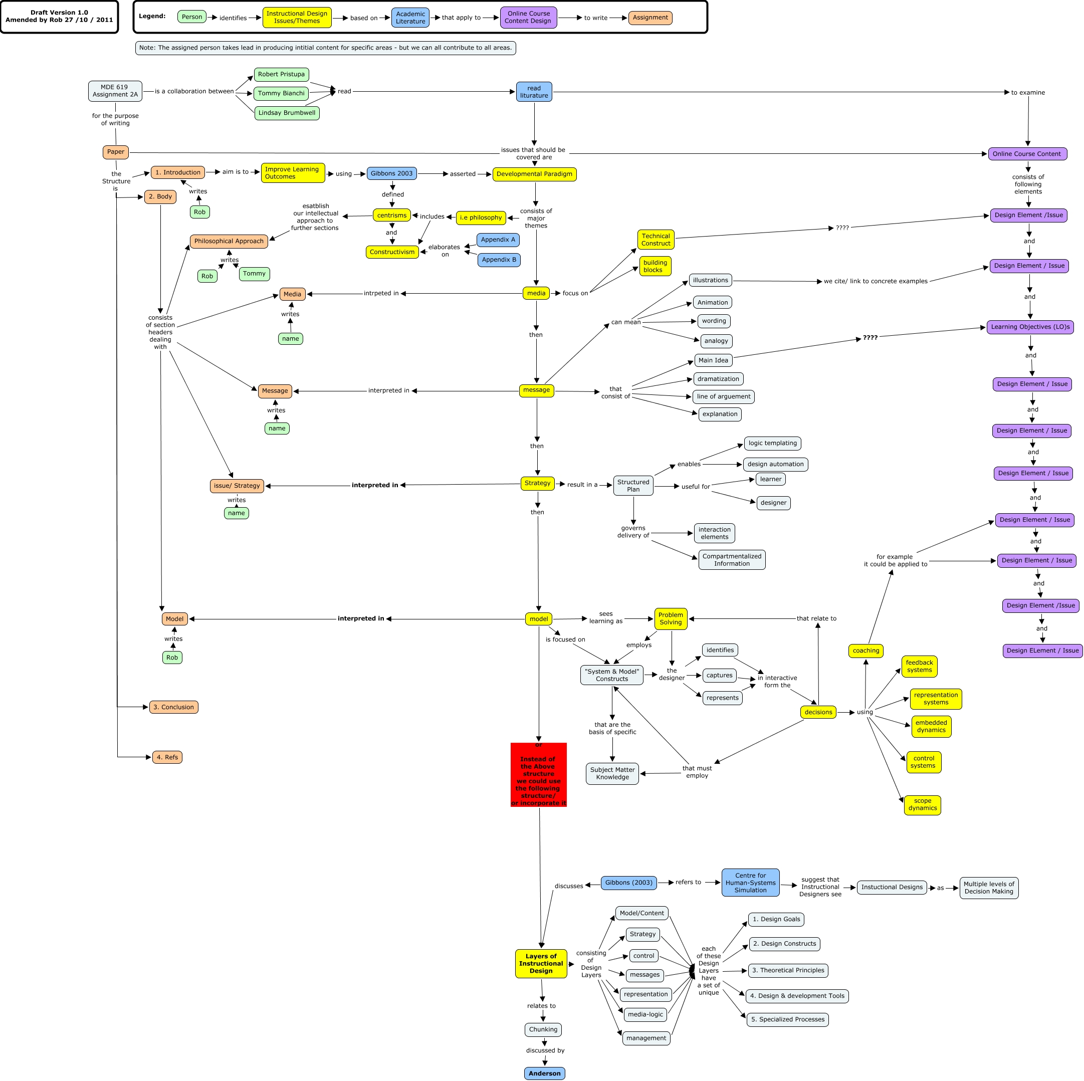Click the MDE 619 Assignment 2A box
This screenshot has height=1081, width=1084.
click(x=115, y=91)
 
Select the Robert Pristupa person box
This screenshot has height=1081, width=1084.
click(x=281, y=75)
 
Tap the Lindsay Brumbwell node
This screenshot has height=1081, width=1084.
click(x=287, y=113)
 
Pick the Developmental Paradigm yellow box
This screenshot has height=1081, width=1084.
click(x=534, y=174)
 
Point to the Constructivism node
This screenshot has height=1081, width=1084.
click(x=392, y=252)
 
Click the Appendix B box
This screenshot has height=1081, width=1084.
click(x=499, y=260)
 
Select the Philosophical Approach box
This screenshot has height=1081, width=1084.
click(x=229, y=241)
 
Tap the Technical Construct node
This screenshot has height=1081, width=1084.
click(x=656, y=240)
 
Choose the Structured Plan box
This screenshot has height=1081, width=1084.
click(x=633, y=486)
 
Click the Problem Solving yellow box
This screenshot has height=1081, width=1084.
click(x=671, y=619)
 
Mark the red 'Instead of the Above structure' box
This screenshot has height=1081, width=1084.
click(x=539, y=775)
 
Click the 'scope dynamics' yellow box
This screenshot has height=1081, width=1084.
click(x=923, y=805)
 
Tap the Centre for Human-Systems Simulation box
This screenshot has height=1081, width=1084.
click(x=750, y=883)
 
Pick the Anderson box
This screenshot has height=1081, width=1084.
click(x=544, y=1073)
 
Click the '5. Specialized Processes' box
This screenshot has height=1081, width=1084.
click(x=788, y=1019)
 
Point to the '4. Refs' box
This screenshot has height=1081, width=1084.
click(x=167, y=757)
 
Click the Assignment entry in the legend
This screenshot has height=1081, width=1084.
click(x=651, y=18)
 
